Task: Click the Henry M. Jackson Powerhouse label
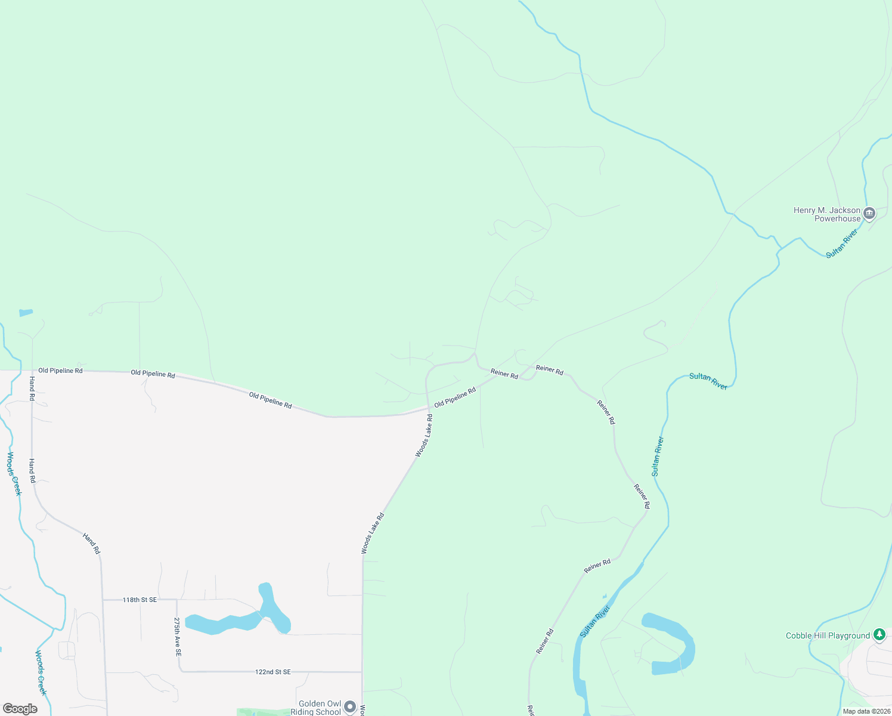tap(827, 214)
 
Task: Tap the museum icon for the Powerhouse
tap(869, 213)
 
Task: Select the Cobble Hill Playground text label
tap(828, 635)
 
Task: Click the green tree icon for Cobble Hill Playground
tap(879, 634)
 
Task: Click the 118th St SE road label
tap(140, 600)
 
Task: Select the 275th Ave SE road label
tap(178, 637)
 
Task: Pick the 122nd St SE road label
tap(272, 672)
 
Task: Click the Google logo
tap(20, 709)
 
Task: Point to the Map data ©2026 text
tap(866, 711)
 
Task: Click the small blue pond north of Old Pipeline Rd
tap(26, 312)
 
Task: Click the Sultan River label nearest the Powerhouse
tap(841, 243)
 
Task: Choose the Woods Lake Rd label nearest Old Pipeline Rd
tap(424, 436)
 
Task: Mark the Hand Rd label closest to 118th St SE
tap(91, 544)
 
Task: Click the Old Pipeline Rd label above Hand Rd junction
tap(60, 371)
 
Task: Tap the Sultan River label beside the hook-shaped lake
tap(595, 621)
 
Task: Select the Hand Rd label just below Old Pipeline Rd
tap(32, 384)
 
